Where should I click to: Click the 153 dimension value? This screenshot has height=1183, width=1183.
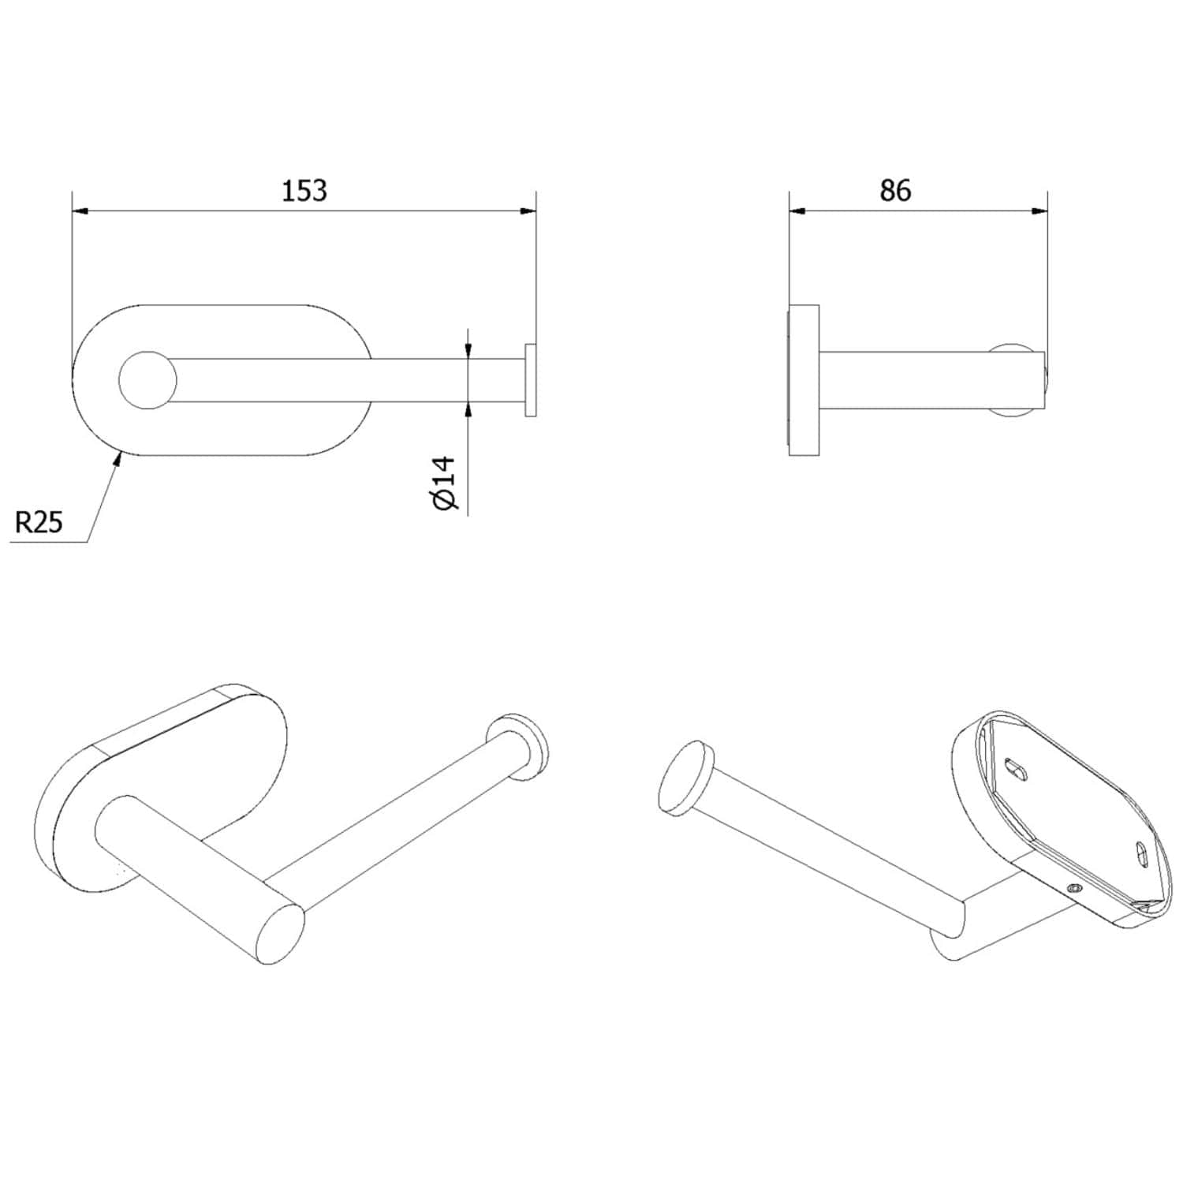[x=304, y=191]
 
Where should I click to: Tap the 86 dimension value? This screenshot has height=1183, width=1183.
[x=895, y=191]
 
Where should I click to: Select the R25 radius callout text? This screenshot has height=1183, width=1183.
[x=39, y=522]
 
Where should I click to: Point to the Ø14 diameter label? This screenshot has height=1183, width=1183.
[x=445, y=482]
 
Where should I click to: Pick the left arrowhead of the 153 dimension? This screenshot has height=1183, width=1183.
[x=81, y=211]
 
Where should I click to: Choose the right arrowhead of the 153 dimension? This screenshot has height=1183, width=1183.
[x=527, y=211]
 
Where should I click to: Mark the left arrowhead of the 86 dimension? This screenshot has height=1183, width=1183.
[x=798, y=211]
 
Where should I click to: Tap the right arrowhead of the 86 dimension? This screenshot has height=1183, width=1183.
[x=1039, y=211]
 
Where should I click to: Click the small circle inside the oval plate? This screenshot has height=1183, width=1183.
[x=147, y=380]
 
